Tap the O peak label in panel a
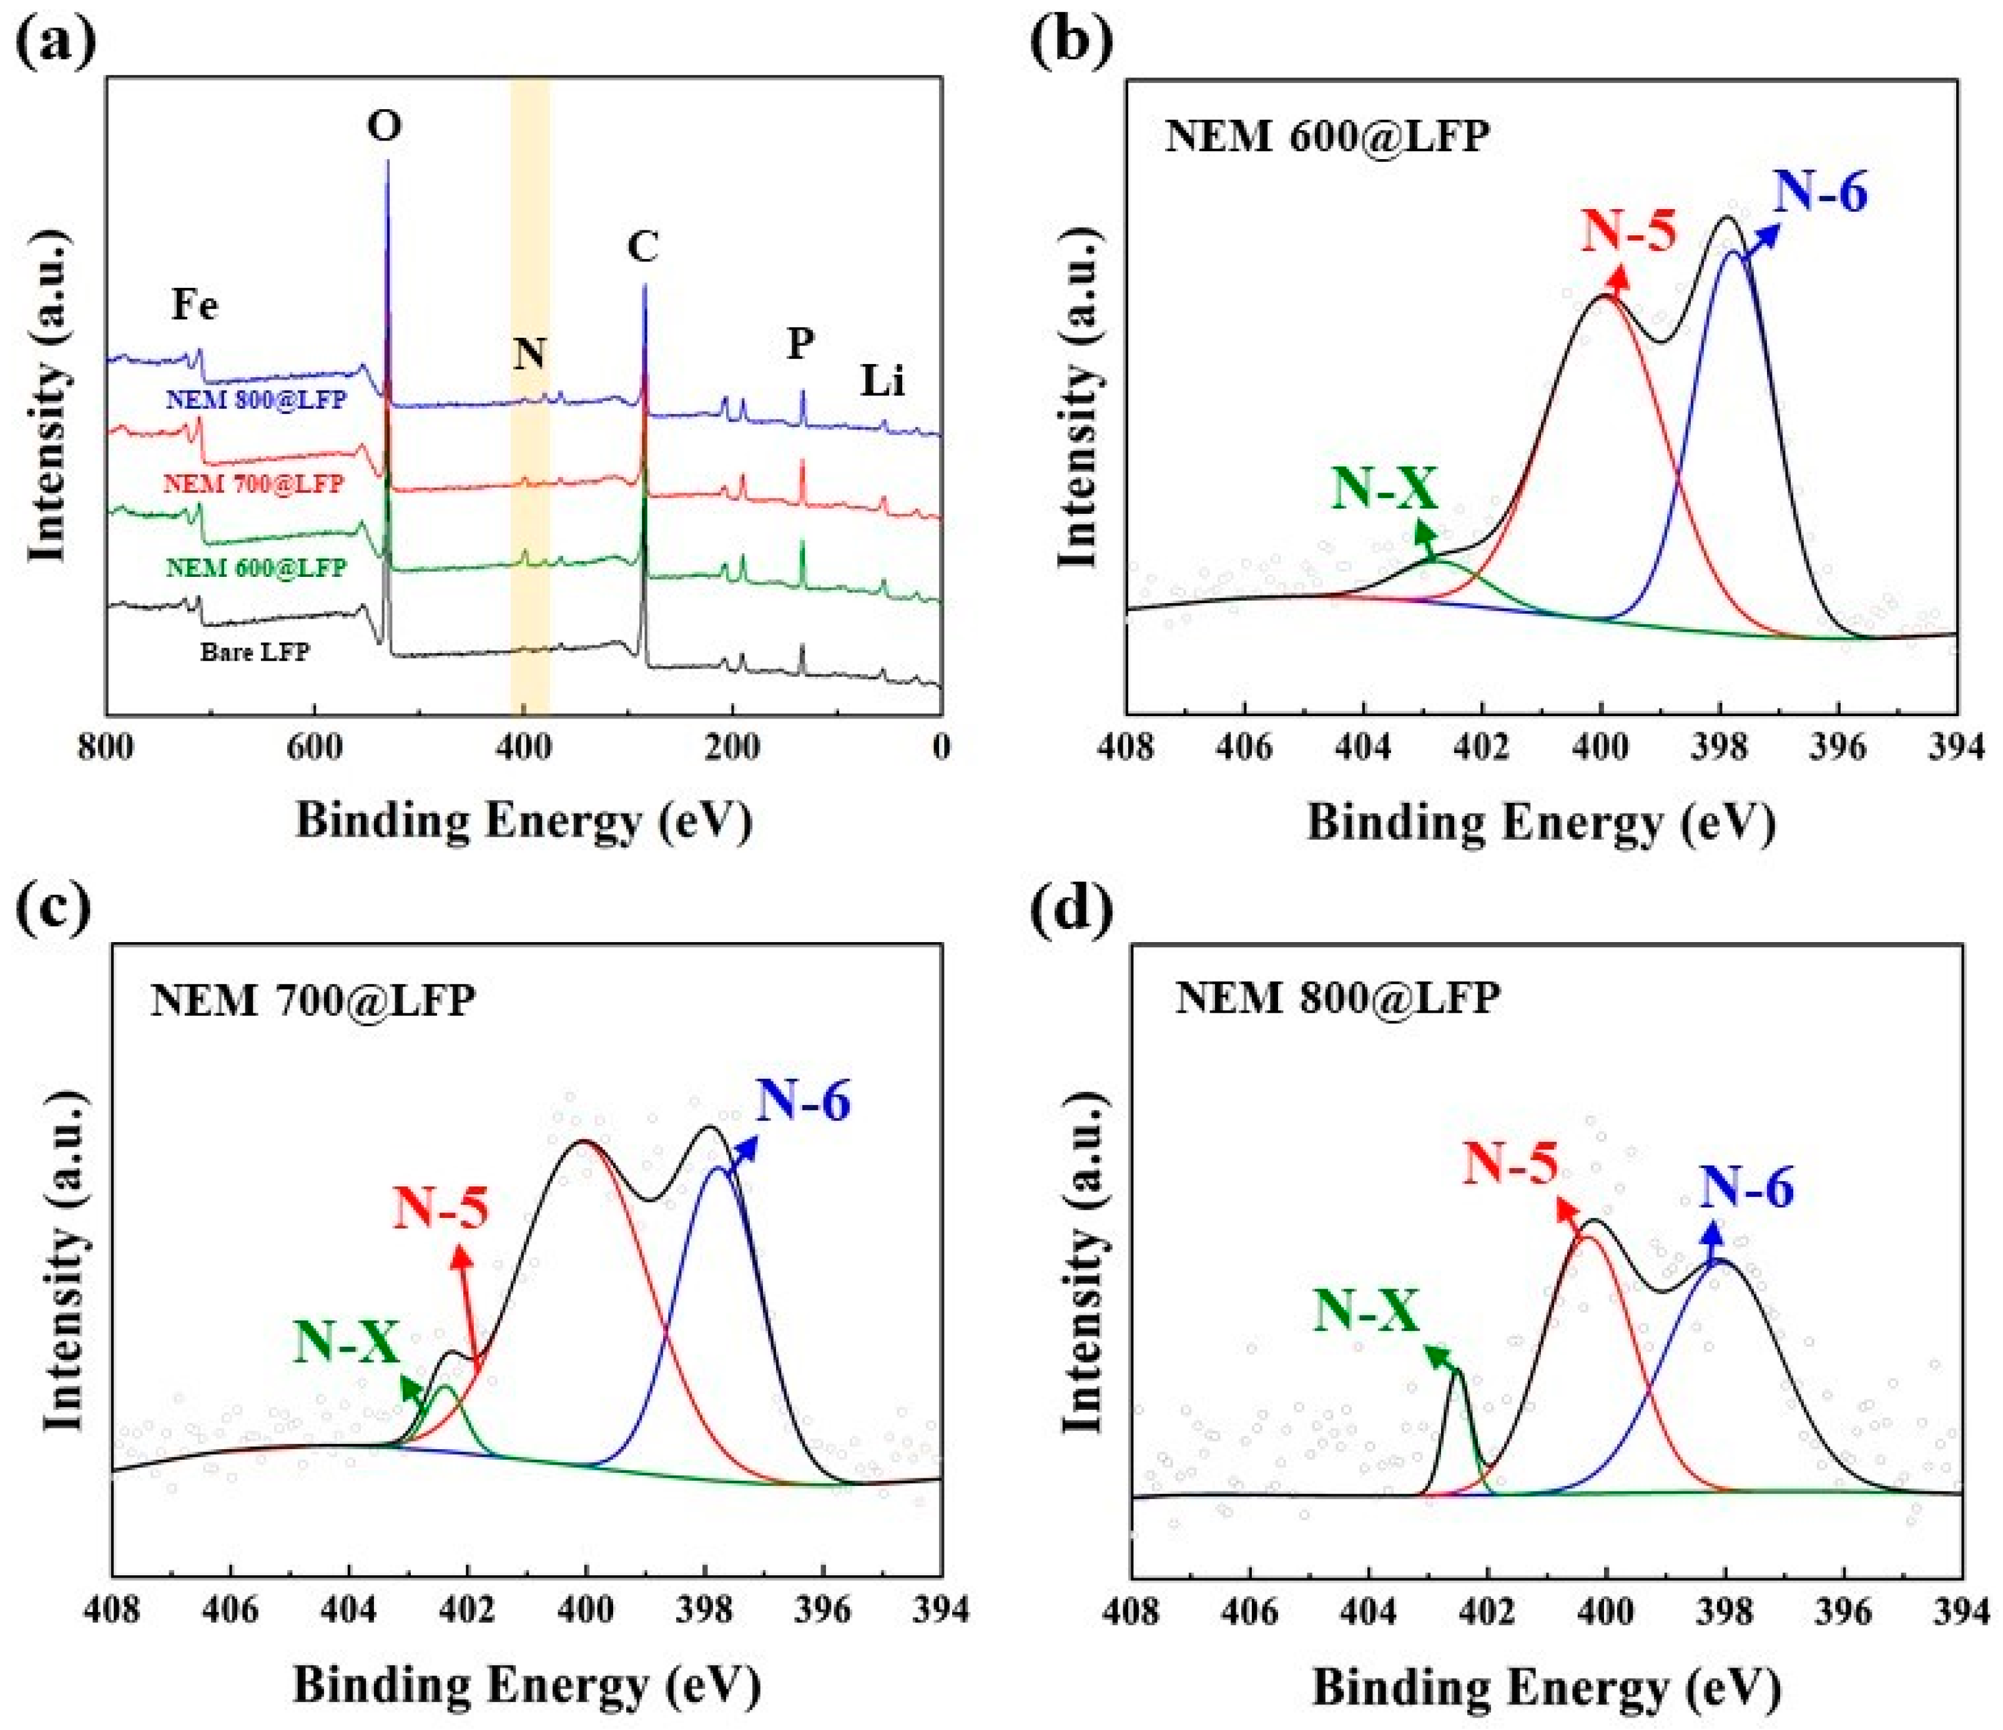coord(385,125)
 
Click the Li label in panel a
coord(883,383)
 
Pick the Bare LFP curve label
coord(255,652)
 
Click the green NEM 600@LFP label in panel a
coord(255,568)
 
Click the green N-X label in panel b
coord(1384,489)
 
